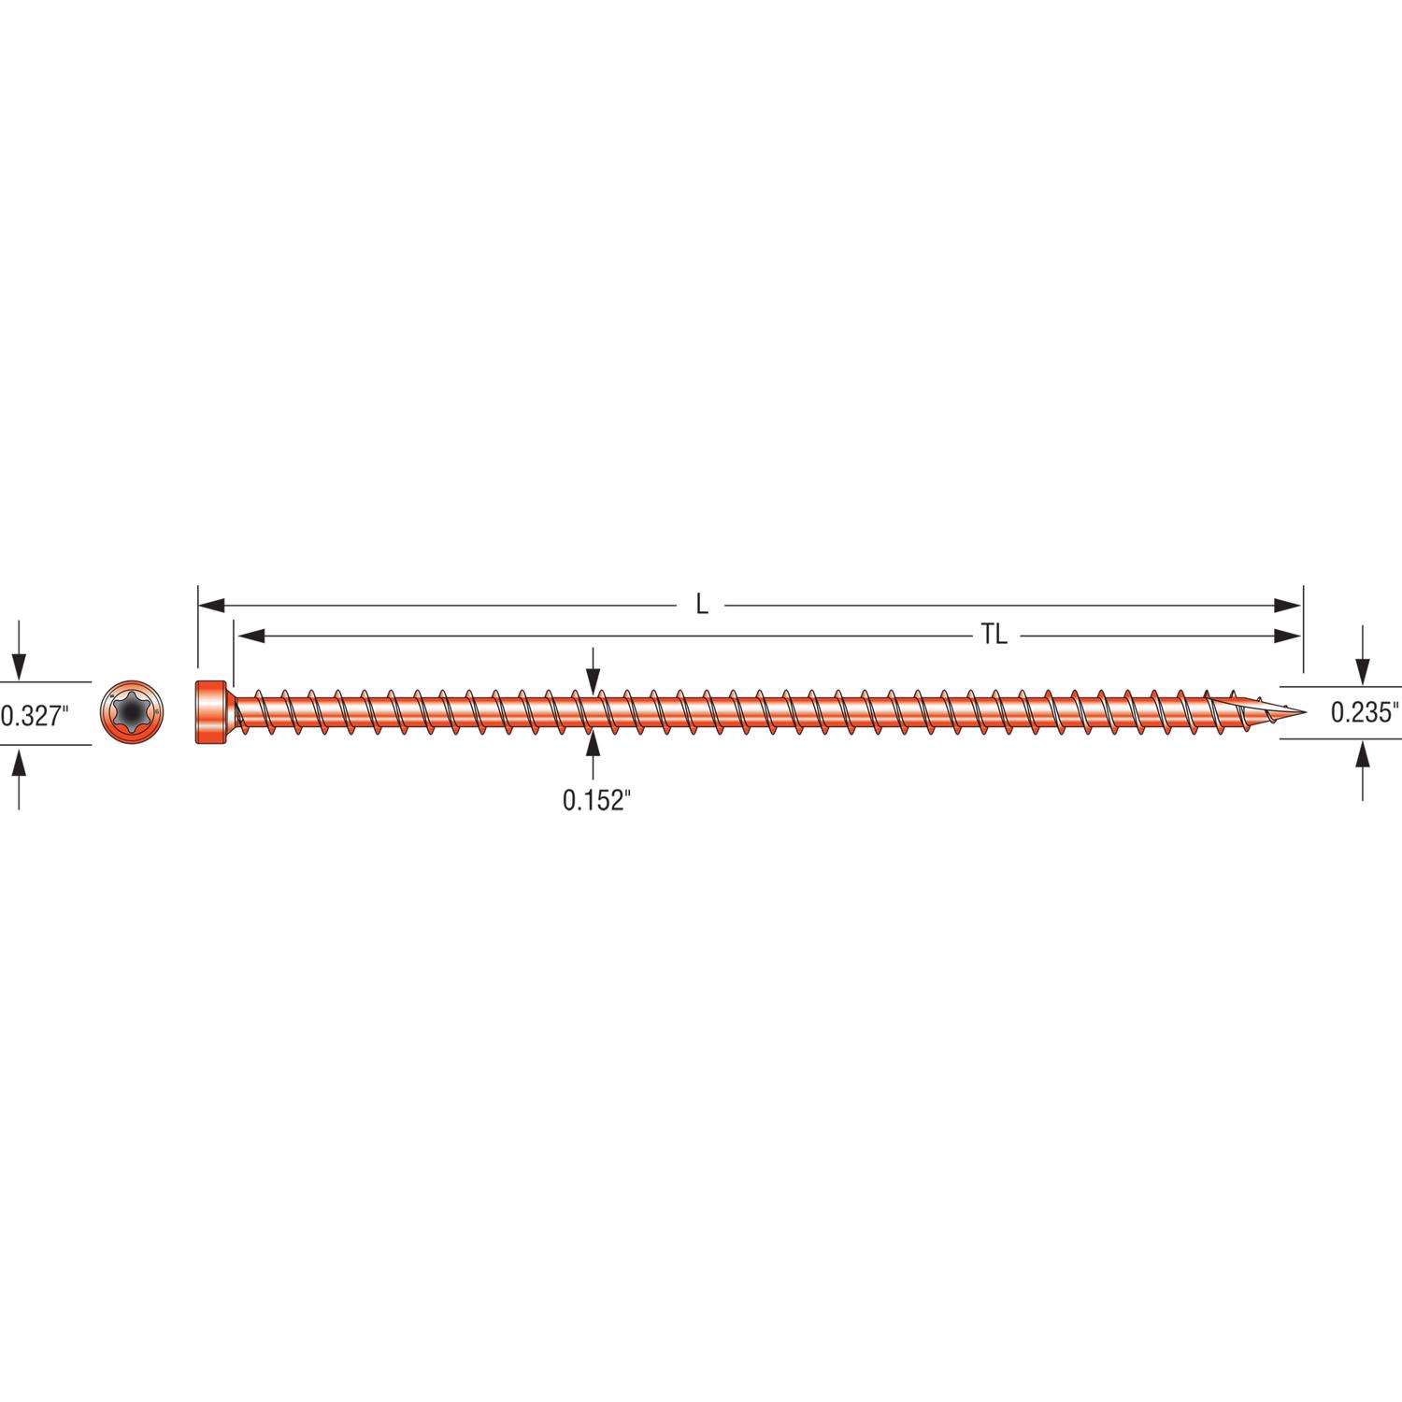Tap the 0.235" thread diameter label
click(x=1366, y=713)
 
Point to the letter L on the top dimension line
click(x=702, y=605)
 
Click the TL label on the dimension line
click(x=994, y=636)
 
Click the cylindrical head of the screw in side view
click(x=211, y=713)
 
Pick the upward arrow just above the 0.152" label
click(x=593, y=746)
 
